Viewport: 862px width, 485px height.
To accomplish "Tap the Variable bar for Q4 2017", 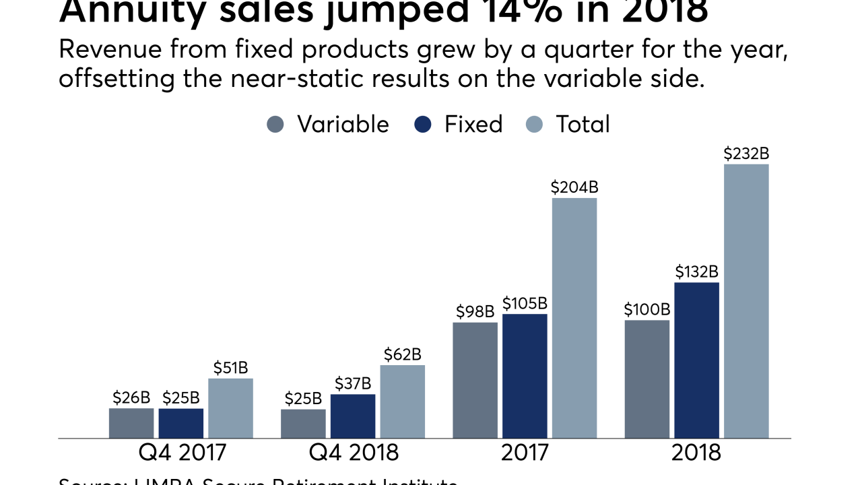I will point(131,423).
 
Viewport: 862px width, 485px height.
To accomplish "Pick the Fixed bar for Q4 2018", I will point(353,416).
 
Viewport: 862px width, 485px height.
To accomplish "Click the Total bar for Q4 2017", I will point(230,408).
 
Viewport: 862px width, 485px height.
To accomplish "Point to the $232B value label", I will point(746,154).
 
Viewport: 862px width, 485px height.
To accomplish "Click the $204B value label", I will point(574,188).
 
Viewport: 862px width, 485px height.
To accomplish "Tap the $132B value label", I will point(696,272).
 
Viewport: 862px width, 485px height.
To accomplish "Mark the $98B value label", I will point(475,312).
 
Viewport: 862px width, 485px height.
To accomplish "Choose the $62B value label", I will point(402,354).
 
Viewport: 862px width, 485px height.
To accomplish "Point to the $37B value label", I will point(353,384).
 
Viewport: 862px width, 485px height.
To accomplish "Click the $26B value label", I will point(131,397).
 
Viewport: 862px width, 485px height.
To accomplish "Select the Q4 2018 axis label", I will point(354,452).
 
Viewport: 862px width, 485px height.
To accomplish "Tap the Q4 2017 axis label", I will point(181,452).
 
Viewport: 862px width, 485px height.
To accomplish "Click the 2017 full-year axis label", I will point(525,452).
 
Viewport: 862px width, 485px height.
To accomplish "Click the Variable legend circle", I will point(275,125).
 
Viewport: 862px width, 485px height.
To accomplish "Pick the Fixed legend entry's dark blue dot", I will point(423,125).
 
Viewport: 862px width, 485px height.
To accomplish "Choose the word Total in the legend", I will point(583,125).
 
